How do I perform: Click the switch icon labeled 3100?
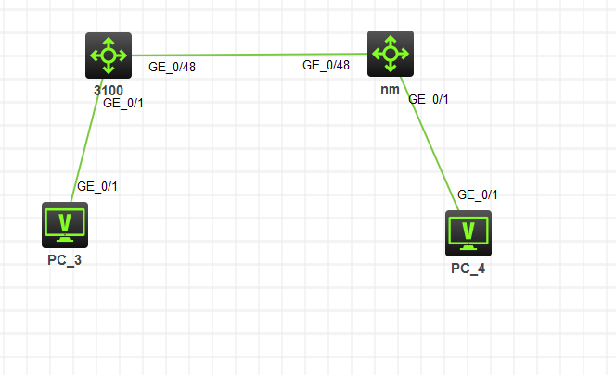109,56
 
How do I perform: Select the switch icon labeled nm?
390,54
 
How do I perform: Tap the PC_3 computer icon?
65,224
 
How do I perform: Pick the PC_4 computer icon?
468,232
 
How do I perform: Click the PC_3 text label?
65,259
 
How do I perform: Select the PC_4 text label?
468,269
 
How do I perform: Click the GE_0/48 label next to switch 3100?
172,67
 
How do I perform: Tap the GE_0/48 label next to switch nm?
326,65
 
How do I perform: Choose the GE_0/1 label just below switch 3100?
122,103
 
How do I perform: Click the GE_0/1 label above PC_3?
96,186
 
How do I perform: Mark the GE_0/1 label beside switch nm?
429,99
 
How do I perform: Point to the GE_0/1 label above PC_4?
478,194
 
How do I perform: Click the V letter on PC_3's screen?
65,221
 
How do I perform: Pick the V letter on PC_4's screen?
468,230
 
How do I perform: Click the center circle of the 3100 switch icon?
109,56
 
